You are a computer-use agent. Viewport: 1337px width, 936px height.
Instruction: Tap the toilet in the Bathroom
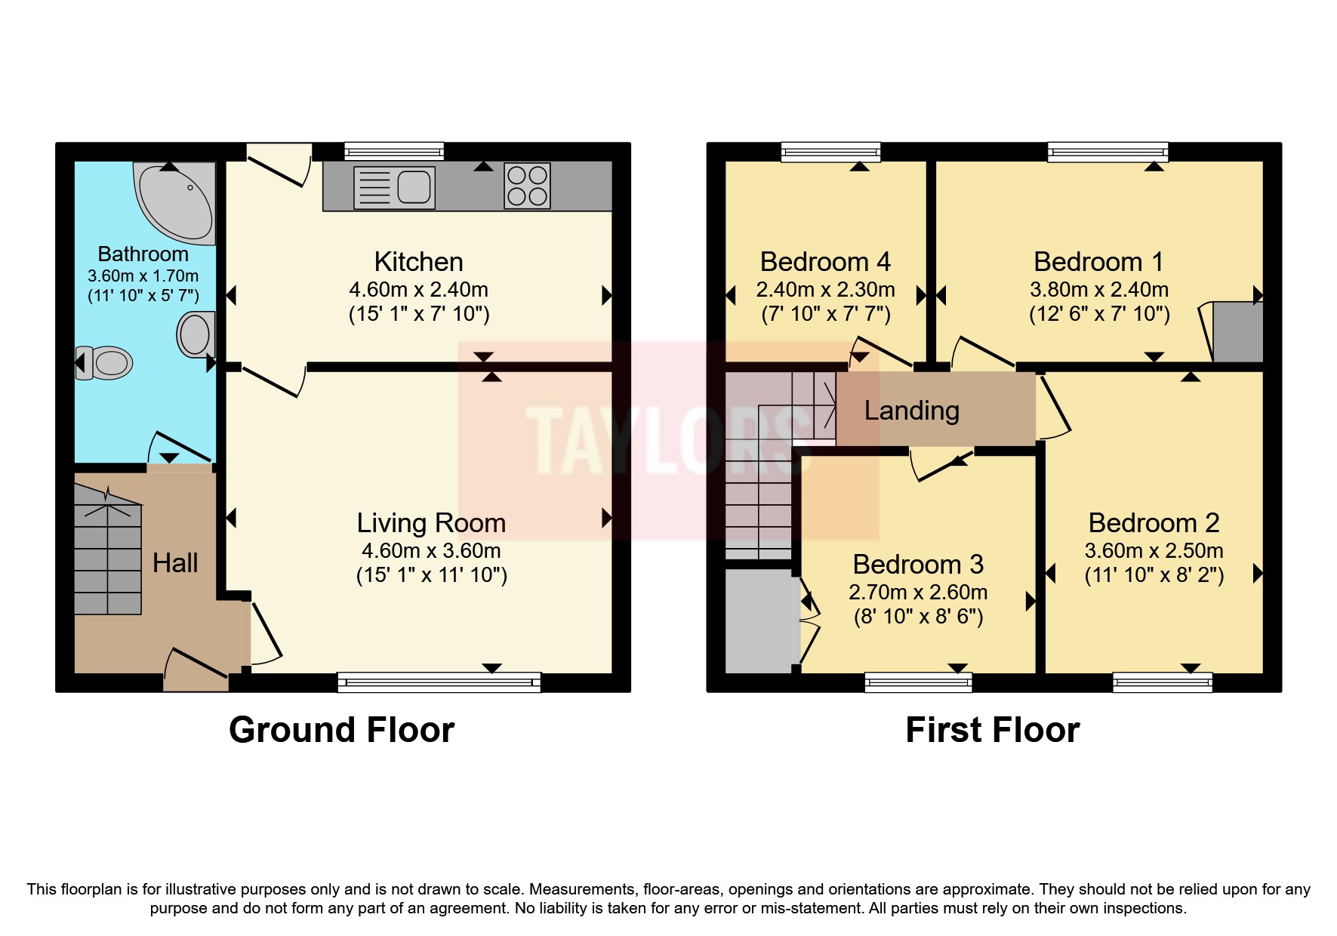point(105,363)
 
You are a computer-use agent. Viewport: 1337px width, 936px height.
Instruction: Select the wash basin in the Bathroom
point(196,334)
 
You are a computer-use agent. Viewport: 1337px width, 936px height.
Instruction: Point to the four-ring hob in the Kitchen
point(527,186)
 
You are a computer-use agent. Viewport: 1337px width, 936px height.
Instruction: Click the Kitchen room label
point(418,262)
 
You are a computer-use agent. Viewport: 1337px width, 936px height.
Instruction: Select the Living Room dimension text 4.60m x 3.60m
point(431,550)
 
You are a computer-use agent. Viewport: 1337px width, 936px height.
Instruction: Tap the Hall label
point(175,562)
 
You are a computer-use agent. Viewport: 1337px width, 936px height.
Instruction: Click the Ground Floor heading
point(341,730)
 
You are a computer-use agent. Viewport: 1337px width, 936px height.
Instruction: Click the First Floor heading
point(992,730)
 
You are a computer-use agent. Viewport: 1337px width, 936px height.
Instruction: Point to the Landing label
point(911,411)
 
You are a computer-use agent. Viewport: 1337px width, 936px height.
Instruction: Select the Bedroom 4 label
point(824,262)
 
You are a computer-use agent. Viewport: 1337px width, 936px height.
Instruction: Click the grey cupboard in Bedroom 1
point(1237,332)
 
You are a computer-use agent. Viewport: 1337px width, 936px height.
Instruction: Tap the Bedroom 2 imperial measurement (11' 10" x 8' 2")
point(1154,575)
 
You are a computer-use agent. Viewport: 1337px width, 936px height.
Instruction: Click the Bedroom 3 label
point(918,565)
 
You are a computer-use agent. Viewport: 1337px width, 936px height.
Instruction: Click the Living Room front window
point(439,682)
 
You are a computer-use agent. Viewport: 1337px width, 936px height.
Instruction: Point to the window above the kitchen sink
point(394,152)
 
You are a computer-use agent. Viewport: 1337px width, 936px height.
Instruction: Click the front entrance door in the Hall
point(196,672)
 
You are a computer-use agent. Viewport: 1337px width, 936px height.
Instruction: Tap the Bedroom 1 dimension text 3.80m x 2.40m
point(1098,289)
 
